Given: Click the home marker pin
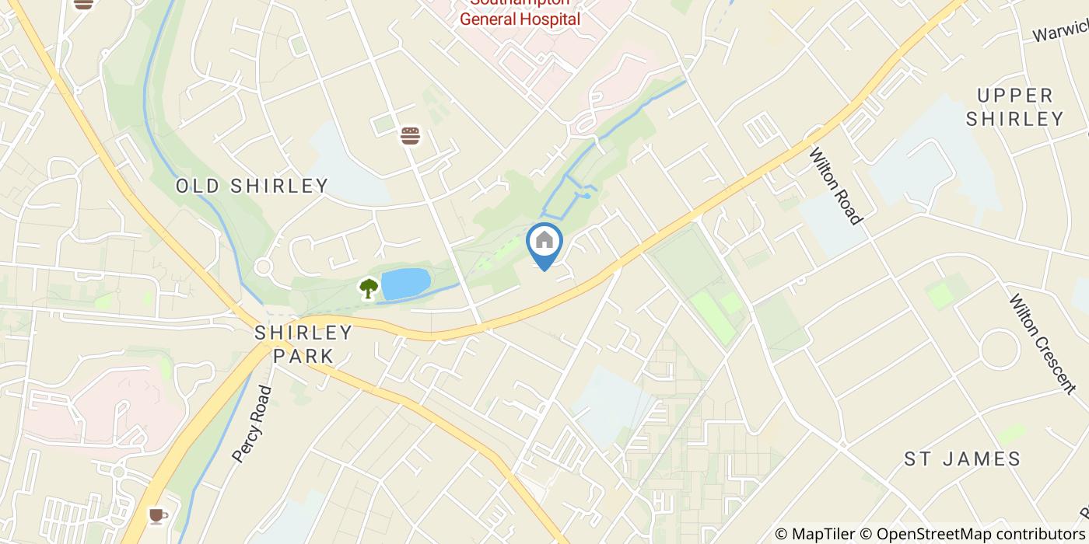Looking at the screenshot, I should pos(544,243).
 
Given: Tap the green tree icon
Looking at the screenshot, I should pos(369,288).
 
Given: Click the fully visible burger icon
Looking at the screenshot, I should pos(410,136).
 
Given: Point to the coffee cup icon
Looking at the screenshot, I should pos(158,515).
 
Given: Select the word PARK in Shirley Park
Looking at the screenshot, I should pos(303,357).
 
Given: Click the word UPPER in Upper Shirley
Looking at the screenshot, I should pos(1015,96).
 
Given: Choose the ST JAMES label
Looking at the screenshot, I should pos(962,459).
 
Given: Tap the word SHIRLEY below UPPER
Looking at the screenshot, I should pos(1021,119).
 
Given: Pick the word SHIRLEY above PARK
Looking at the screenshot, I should pos(303,333).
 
